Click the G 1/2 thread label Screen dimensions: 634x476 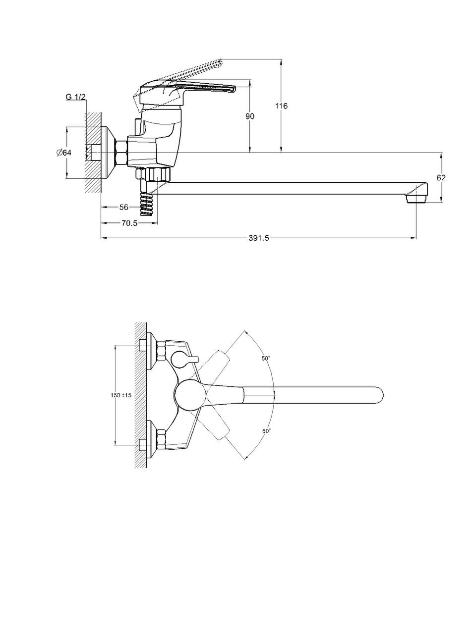[x=75, y=97]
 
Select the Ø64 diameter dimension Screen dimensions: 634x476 [x=64, y=153]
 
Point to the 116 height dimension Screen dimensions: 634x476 [x=282, y=106]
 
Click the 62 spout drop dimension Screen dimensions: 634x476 [x=441, y=177]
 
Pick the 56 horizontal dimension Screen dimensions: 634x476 [x=123, y=207]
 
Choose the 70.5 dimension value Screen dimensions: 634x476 [x=129, y=223]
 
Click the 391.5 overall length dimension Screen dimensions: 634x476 [x=258, y=238]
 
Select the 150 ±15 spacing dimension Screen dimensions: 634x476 [x=120, y=395]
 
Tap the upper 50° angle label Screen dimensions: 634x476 [x=266, y=358]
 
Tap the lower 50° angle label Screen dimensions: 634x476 [x=266, y=431]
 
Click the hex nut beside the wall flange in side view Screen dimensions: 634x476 [x=121, y=153]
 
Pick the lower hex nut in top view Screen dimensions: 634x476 [x=162, y=439]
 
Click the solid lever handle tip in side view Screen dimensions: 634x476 [x=230, y=89]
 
